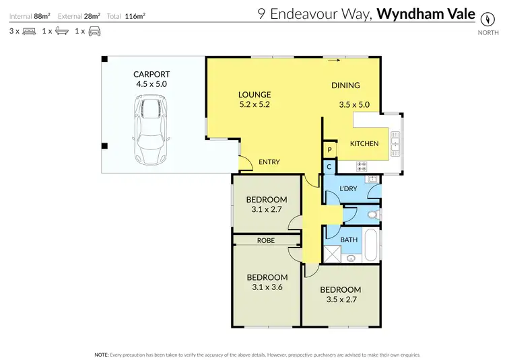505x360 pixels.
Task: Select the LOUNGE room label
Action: click(x=255, y=95)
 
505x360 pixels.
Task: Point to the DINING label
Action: click(x=345, y=85)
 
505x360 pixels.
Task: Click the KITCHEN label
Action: click(x=364, y=143)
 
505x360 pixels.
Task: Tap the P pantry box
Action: click(x=330, y=150)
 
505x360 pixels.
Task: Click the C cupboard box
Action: click(x=329, y=166)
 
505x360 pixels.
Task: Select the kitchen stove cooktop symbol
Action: click(x=361, y=166)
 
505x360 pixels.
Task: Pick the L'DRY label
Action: click(x=348, y=188)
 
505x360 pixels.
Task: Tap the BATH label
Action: click(x=349, y=240)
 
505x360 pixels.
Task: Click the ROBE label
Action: click(x=267, y=240)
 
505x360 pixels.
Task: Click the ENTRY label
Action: click(x=269, y=162)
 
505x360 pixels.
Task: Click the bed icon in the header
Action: click(x=29, y=31)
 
